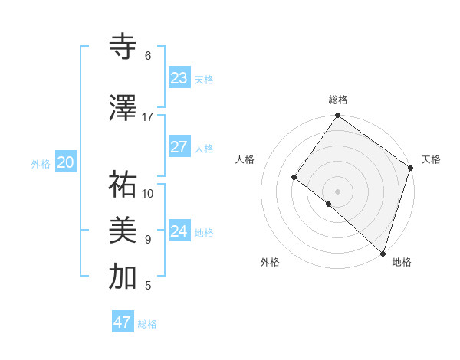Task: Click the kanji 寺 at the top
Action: click(x=123, y=47)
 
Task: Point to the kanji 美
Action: click(x=123, y=231)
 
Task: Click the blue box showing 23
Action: click(x=179, y=78)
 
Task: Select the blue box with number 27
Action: click(x=179, y=147)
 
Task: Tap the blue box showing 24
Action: click(x=179, y=231)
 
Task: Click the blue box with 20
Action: click(x=66, y=162)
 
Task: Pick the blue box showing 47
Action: click(x=123, y=322)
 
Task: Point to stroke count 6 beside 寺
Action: click(x=147, y=56)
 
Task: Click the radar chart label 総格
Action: click(x=338, y=100)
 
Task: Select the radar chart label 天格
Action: click(x=431, y=160)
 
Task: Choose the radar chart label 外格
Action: click(x=270, y=263)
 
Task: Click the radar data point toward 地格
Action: click(x=383, y=253)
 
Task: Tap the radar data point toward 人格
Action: click(x=294, y=177)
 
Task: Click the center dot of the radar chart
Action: click(x=337, y=191)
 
